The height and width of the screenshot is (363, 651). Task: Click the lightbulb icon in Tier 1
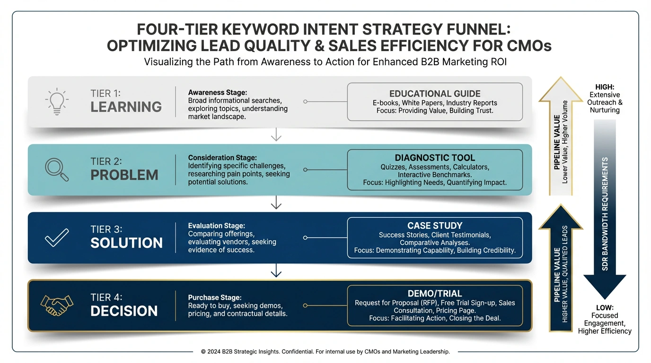pyautogui.click(x=57, y=101)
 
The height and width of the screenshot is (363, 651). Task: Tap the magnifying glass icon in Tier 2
pyautogui.click(x=57, y=170)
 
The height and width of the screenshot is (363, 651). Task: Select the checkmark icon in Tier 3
pyautogui.click(x=57, y=238)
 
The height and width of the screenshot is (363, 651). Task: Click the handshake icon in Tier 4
pyautogui.click(x=57, y=305)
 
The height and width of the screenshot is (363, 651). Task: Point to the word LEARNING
pyautogui.click(x=126, y=107)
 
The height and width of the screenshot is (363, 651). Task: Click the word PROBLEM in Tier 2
pyautogui.click(x=124, y=175)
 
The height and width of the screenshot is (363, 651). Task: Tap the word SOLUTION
pyautogui.click(x=126, y=243)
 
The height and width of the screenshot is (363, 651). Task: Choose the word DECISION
pyautogui.click(x=124, y=311)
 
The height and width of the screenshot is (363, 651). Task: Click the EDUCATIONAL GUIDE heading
pyautogui.click(x=435, y=94)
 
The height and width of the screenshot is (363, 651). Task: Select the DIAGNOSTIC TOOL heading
pyautogui.click(x=435, y=158)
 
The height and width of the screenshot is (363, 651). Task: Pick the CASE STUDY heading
pyautogui.click(x=435, y=225)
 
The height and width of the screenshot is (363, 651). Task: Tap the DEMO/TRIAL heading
pyautogui.click(x=435, y=294)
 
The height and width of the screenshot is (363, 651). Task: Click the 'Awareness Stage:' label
pyautogui.click(x=217, y=92)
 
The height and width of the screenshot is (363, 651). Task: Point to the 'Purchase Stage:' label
pyautogui.click(x=215, y=297)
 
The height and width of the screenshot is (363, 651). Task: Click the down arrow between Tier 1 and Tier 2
pyautogui.click(x=276, y=134)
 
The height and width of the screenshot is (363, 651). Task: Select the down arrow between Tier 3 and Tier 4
pyautogui.click(x=276, y=270)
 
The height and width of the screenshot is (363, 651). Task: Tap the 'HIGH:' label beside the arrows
pyautogui.click(x=605, y=87)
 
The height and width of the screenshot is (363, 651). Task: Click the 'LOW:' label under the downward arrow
pyautogui.click(x=605, y=308)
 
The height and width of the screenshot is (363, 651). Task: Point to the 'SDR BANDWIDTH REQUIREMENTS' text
pyautogui.click(x=605, y=214)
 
